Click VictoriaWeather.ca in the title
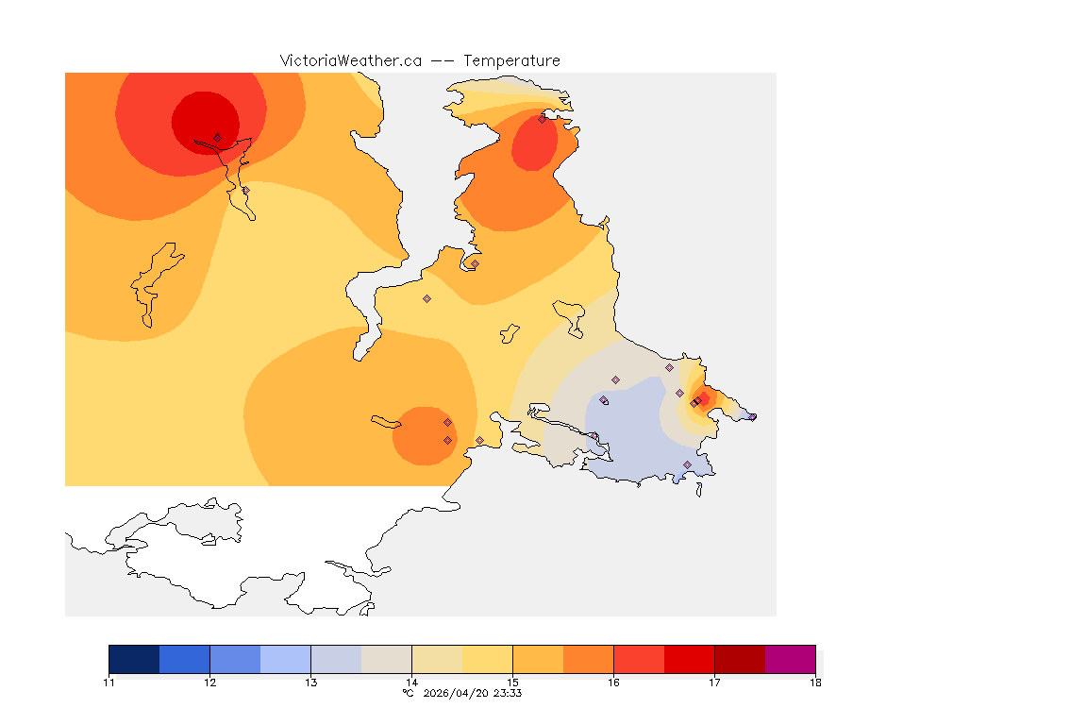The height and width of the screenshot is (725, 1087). [x=350, y=60]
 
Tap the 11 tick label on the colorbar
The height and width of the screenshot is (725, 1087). [x=109, y=683]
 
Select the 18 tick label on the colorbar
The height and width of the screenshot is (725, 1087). [x=814, y=683]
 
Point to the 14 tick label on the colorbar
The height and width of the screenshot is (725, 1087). [x=411, y=683]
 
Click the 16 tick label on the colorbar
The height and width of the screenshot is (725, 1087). [x=613, y=683]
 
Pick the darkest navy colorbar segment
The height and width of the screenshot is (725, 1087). [x=134, y=659]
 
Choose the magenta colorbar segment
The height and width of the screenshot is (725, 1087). [x=790, y=659]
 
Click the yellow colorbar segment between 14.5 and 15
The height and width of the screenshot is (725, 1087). [x=487, y=659]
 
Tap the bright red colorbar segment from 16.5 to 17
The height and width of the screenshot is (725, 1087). [x=689, y=659]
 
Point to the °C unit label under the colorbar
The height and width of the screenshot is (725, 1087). [x=408, y=693]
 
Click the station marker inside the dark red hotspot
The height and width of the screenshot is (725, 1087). [x=217, y=138]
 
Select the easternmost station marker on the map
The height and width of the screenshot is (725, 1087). [x=752, y=416]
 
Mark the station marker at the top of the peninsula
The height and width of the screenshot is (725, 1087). [x=542, y=119]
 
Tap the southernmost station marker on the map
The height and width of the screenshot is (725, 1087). [x=687, y=464]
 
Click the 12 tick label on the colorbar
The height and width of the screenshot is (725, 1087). [x=209, y=683]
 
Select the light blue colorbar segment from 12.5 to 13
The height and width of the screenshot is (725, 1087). [x=285, y=659]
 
